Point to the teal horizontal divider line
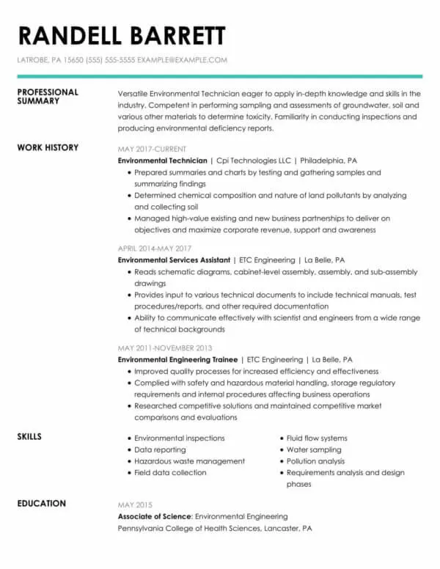pos(219,76)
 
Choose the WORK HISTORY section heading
pos(47,147)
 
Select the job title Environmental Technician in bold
pos(163,160)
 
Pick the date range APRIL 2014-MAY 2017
pos(155,249)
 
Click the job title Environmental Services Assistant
pos(175,260)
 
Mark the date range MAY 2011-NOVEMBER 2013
pos(165,348)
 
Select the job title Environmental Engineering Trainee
pos(177,360)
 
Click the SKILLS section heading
pos(29,437)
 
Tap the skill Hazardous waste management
pos(189,461)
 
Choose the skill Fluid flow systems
pos(317,438)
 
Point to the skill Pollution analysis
pos(315,461)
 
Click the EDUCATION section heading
pos(41,504)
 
